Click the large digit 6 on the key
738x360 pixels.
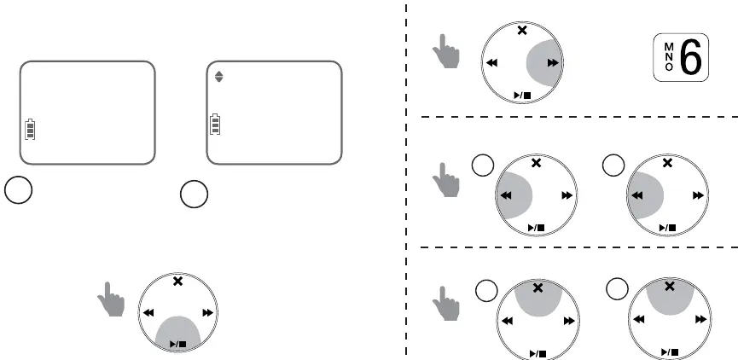[x=689, y=61]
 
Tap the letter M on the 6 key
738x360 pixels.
[x=669, y=49]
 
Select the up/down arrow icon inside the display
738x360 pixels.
[x=219, y=76]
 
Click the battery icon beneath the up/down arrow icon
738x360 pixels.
[x=215, y=125]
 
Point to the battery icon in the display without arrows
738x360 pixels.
[x=31, y=130]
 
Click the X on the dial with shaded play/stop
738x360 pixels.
[x=177, y=282]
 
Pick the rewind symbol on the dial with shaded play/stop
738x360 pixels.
[x=149, y=312]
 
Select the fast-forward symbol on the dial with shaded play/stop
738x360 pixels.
[x=205, y=312]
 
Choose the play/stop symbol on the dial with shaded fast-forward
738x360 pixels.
[x=522, y=95]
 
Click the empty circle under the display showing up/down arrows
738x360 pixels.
[x=194, y=195]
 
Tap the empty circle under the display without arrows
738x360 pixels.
[x=19, y=189]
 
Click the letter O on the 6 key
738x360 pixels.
[x=669, y=70]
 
